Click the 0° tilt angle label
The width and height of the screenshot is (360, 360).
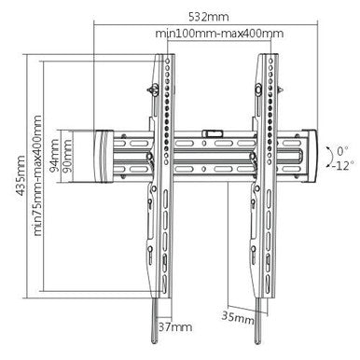(x=340, y=147)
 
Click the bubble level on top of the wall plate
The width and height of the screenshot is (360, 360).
(x=215, y=134)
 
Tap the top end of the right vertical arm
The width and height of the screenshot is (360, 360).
(x=265, y=54)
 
